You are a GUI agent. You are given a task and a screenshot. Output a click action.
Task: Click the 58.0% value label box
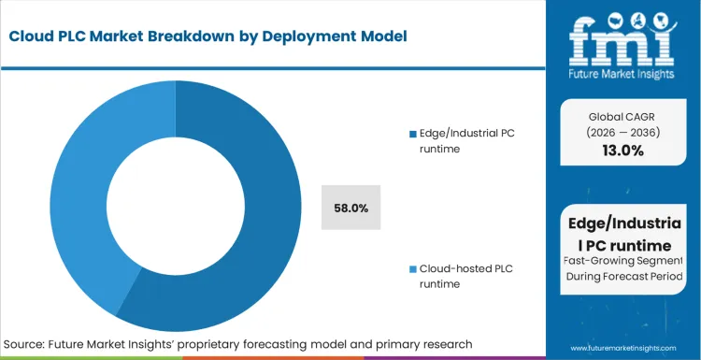[350, 208]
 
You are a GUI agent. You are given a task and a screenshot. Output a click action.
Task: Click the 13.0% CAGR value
[622, 151]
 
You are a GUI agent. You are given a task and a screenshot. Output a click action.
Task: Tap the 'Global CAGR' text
[622, 117]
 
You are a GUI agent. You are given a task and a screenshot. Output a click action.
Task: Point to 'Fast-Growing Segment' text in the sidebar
[622, 261]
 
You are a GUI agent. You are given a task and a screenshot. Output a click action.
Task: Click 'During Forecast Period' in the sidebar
[622, 278]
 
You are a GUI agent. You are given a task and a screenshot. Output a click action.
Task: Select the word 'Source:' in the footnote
[28, 343]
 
